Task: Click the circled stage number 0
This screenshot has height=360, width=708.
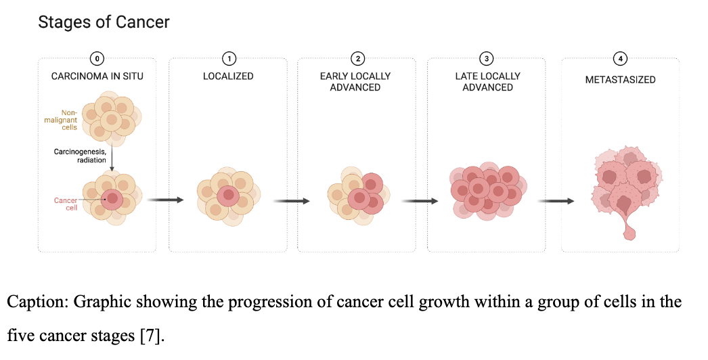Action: point(97,59)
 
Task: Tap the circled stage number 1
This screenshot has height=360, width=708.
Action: point(229,59)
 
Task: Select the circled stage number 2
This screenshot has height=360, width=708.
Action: point(357,59)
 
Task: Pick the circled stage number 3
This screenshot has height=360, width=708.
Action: point(486,59)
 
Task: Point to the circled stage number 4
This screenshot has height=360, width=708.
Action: point(621,59)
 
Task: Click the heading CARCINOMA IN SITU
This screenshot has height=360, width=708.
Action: point(97,76)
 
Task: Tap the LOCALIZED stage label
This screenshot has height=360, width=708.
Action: point(228,76)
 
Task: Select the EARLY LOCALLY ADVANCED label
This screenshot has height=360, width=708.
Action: point(355,82)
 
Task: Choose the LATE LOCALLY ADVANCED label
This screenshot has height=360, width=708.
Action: point(487,82)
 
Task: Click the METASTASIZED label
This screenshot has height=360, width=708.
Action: point(621,79)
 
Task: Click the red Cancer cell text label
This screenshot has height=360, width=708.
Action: point(66,204)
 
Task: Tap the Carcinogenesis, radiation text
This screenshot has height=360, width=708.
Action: point(80,156)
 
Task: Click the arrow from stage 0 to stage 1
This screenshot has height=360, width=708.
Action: point(166,200)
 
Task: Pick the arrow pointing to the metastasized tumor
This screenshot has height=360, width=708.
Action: point(556,200)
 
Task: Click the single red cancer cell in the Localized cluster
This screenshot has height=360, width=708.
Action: point(229,196)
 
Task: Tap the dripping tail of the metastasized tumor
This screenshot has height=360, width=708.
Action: point(628,227)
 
